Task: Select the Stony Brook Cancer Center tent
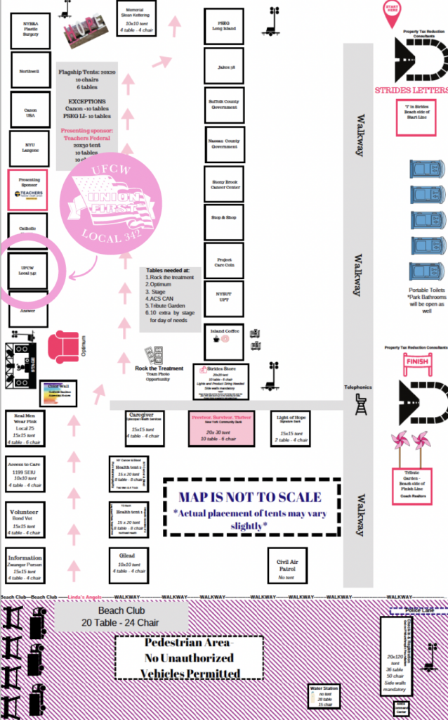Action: [225, 184]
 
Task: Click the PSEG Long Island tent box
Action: [224, 26]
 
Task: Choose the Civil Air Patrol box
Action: [287, 565]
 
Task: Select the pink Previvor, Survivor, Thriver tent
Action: [220, 427]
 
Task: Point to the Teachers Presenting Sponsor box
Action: [27, 188]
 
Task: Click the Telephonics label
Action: [357, 387]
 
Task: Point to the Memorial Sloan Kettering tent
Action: [137, 20]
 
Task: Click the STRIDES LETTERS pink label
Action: [411, 90]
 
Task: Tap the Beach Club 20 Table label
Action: [122, 617]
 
